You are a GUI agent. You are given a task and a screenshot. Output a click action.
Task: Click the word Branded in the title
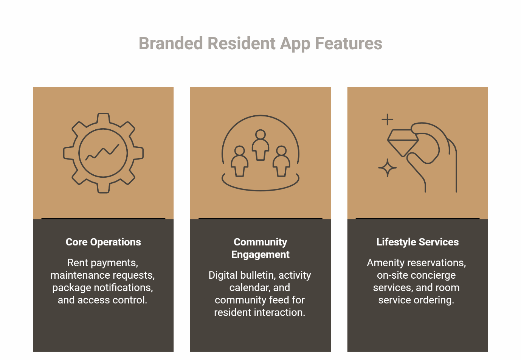[x=171, y=43]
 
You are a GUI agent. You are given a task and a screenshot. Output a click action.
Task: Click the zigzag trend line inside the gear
[x=102, y=152]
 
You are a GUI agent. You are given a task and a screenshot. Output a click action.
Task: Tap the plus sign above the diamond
[x=387, y=119]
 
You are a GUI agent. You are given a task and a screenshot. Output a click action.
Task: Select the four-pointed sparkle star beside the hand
[x=387, y=168]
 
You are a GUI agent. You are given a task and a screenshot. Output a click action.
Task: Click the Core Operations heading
[x=103, y=242]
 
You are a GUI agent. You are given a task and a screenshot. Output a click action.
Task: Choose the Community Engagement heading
[x=260, y=248]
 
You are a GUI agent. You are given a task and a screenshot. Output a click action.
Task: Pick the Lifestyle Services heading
[x=417, y=242]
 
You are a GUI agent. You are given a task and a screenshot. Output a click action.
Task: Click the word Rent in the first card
[x=78, y=263]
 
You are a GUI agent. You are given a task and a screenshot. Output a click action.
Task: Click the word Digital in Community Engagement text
[x=223, y=275]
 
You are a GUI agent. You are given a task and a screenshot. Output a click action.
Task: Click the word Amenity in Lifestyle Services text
[x=384, y=263]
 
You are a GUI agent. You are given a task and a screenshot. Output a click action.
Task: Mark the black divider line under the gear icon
[x=103, y=218]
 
